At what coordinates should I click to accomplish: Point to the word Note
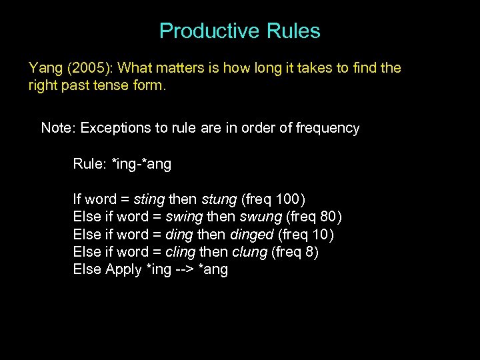57,128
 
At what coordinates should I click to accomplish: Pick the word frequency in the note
327,128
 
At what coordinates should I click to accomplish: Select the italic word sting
149,199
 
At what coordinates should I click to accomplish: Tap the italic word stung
219,199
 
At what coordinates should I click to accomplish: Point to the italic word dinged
252,235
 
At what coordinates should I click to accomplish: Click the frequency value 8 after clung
309,253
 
